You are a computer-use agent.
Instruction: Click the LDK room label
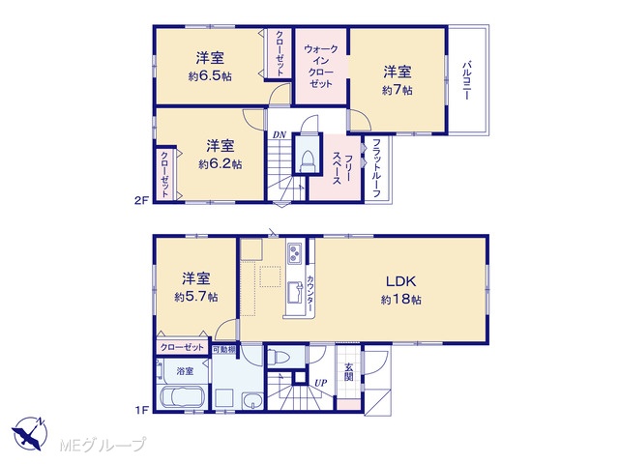[x=400, y=281]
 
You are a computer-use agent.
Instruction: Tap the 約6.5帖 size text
[x=210, y=75]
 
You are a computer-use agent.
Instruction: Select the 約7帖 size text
[x=398, y=90]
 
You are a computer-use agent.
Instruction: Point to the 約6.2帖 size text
[x=221, y=163]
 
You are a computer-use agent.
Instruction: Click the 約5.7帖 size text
[x=196, y=297]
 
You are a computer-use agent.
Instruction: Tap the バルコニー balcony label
[x=467, y=80]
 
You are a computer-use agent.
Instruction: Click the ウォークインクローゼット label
[x=321, y=67]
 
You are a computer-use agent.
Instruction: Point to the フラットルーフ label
[x=376, y=167]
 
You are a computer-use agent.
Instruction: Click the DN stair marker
[x=280, y=135]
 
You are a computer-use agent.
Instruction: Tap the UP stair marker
[x=321, y=383]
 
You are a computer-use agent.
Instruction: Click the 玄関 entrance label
[x=348, y=372]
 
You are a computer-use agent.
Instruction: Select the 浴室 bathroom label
[x=185, y=371]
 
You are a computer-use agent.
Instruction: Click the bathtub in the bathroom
[x=183, y=397]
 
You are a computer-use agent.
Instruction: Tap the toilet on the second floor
[x=307, y=161]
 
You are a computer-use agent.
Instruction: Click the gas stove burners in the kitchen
[x=294, y=253]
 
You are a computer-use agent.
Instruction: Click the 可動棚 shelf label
[x=223, y=349]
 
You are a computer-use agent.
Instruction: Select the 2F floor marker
[x=141, y=200]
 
